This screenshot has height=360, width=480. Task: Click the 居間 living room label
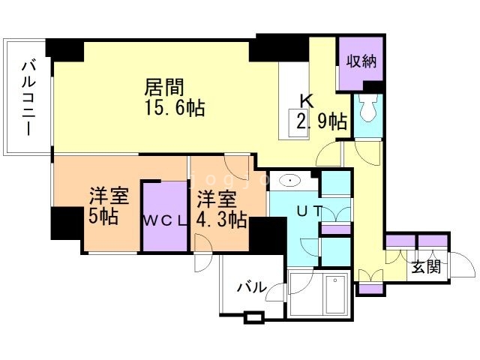coord(165,87)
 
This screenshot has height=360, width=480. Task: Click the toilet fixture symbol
coord(367,109)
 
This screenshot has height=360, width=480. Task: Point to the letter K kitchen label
coord(307,100)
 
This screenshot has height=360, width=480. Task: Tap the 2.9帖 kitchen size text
coord(321,121)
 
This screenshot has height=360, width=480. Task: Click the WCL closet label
coord(164,220)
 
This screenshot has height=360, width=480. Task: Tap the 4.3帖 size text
coord(222,220)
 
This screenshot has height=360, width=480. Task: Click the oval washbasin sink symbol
coord(289,181)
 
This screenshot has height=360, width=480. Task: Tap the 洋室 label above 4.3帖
coord(217,199)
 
